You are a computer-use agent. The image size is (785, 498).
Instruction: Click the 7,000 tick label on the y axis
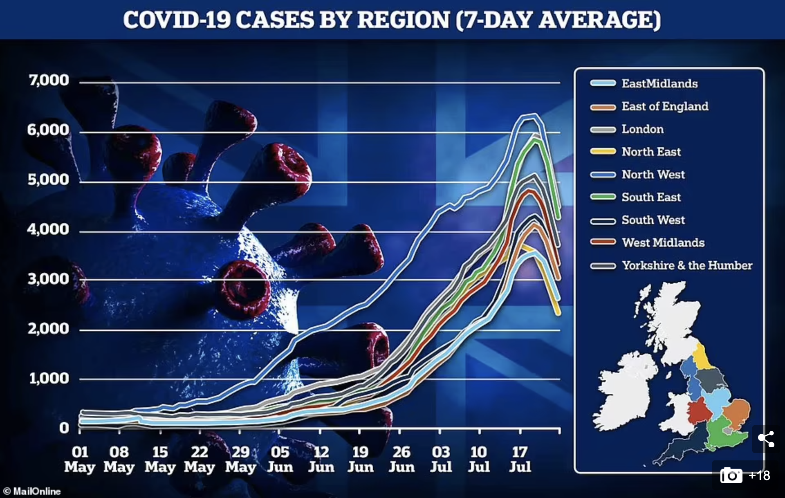[49, 80]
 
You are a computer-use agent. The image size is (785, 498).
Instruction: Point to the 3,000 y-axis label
[49, 279]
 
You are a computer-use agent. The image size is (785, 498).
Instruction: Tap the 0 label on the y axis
[64, 428]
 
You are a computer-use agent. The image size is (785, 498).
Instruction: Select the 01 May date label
[80, 459]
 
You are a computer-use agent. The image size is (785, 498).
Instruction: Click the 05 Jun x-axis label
[280, 459]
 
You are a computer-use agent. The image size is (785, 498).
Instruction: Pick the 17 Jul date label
[520, 459]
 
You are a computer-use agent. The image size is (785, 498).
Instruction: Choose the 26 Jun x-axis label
[401, 459]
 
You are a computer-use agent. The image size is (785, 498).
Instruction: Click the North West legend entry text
[653, 175]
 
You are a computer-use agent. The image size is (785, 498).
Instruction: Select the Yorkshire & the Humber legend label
[687, 265]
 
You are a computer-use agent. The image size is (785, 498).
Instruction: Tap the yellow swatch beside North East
[603, 152]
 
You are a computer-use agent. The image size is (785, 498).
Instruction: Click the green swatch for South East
[603, 197]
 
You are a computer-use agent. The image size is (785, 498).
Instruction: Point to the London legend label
[642, 129]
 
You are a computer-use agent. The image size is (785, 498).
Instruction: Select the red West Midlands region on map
[699, 411]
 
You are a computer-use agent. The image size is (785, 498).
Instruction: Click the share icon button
[766, 439]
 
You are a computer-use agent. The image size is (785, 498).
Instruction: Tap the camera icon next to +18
[731, 476]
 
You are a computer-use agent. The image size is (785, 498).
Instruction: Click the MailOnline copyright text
[32, 491]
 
